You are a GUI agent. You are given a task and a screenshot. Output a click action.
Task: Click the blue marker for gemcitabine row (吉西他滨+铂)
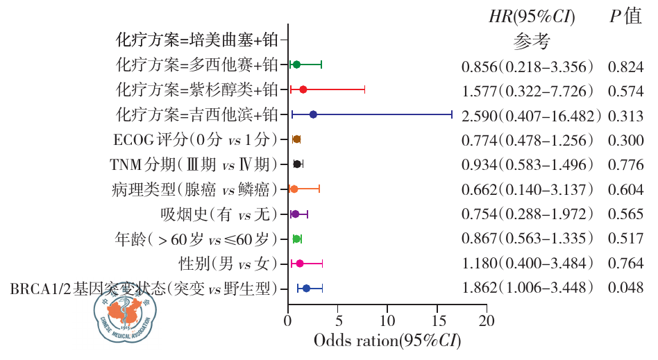click(313, 114)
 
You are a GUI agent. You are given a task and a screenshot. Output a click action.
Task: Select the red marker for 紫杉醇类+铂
click(303, 89)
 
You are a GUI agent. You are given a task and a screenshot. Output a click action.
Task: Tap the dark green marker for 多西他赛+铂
click(296, 65)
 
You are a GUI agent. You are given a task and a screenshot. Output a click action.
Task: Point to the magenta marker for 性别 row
click(300, 264)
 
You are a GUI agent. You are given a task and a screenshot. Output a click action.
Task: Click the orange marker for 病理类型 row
click(294, 189)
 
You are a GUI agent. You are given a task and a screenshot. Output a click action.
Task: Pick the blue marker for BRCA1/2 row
click(306, 288)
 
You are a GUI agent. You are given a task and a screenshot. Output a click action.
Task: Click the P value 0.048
click(625, 288)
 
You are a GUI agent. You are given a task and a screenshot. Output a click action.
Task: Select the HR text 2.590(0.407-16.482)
click(531, 115)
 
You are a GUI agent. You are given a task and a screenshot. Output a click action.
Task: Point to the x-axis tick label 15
click(438, 321)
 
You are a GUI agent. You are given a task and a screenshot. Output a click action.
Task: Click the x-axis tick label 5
click(339, 321)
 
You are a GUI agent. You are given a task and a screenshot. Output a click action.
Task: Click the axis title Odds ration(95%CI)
click(387, 341)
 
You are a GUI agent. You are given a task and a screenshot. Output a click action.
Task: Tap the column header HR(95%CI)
click(532, 17)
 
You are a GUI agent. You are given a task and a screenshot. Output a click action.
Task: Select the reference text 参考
click(532, 42)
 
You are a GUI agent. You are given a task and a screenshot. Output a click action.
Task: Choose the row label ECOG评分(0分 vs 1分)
click(195, 139)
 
